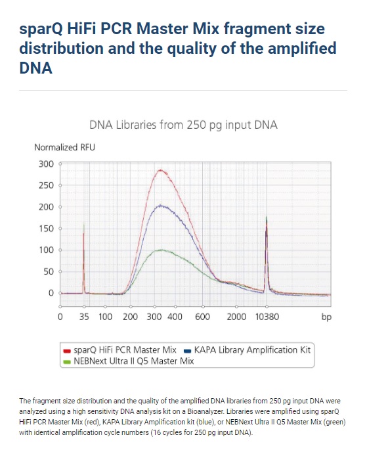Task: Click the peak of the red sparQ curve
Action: [x=161, y=170]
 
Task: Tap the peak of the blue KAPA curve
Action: [x=161, y=206]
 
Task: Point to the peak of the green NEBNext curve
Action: [x=161, y=250]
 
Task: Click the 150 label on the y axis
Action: [x=46, y=229]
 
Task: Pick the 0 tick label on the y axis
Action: [x=51, y=293]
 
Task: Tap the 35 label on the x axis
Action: [x=84, y=317]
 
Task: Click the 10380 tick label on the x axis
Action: [x=267, y=317]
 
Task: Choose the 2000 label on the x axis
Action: [x=236, y=317]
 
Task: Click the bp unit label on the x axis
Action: [x=326, y=317]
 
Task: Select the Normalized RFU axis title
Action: [x=65, y=147]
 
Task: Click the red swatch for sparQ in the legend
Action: [x=67, y=352]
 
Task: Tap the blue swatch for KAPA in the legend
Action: [x=187, y=352]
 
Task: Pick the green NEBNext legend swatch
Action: [x=67, y=362]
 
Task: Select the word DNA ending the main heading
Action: [x=36, y=68]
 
